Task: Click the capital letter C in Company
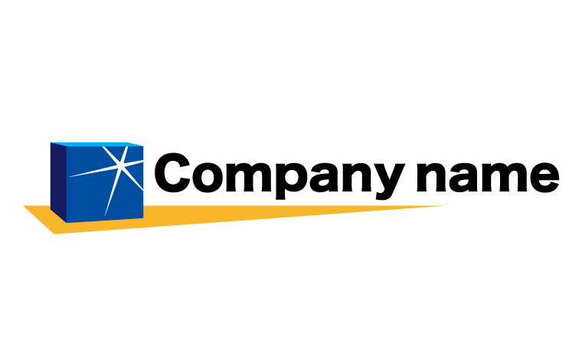click(x=172, y=172)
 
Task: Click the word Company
click(x=280, y=178)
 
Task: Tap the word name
click(x=487, y=177)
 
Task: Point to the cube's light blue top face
click(x=97, y=144)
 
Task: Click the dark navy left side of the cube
click(x=58, y=182)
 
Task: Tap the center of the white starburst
click(x=119, y=166)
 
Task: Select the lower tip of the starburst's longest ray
click(x=106, y=216)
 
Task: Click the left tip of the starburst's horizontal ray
click(x=70, y=176)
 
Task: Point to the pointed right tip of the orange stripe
click(x=442, y=205)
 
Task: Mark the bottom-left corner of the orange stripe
click(x=54, y=234)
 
